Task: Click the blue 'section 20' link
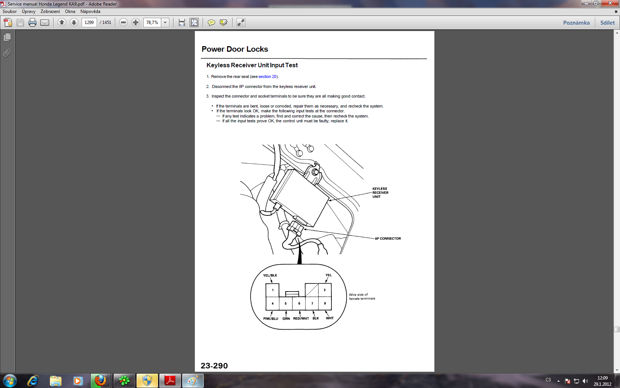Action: pyautogui.click(x=267, y=76)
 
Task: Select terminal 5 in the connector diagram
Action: pyautogui.click(x=286, y=303)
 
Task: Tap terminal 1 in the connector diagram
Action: pyautogui.click(x=272, y=290)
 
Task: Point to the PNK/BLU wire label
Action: pyautogui.click(x=271, y=319)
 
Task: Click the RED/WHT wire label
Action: pyautogui.click(x=301, y=319)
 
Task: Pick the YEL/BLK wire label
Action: pyautogui.click(x=270, y=275)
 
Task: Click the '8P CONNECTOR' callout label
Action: pyautogui.click(x=388, y=238)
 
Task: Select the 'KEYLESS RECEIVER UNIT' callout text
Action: pyautogui.click(x=380, y=193)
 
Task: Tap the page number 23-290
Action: pyautogui.click(x=214, y=365)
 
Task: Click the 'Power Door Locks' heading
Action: pyautogui.click(x=235, y=49)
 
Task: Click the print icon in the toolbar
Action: pyautogui.click(x=32, y=23)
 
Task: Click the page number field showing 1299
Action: pyautogui.click(x=89, y=23)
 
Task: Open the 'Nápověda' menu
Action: pyautogui.click(x=90, y=11)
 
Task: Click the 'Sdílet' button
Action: pyautogui.click(x=607, y=23)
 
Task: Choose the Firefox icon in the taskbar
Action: pyautogui.click(x=100, y=381)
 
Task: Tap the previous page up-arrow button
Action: pyautogui.click(x=62, y=23)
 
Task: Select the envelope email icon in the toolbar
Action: pyautogui.click(x=45, y=23)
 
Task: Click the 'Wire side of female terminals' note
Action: pyautogui.click(x=362, y=296)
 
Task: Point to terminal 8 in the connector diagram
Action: pyautogui.click(x=325, y=303)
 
